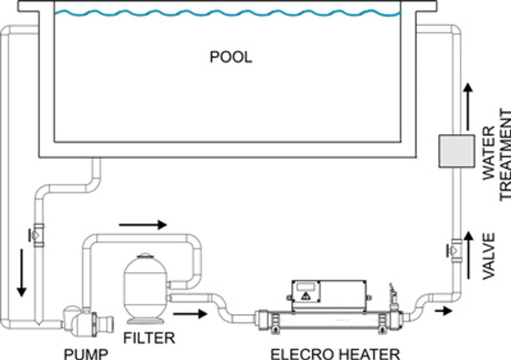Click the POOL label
[x=231, y=57]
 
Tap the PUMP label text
[x=86, y=354]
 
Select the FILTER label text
[x=149, y=338]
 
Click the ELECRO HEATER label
[x=335, y=354]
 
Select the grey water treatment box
[x=456, y=151]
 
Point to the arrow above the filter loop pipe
[x=143, y=225]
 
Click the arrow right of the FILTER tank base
[x=190, y=314]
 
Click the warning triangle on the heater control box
[x=306, y=296]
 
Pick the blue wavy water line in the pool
[x=228, y=13]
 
